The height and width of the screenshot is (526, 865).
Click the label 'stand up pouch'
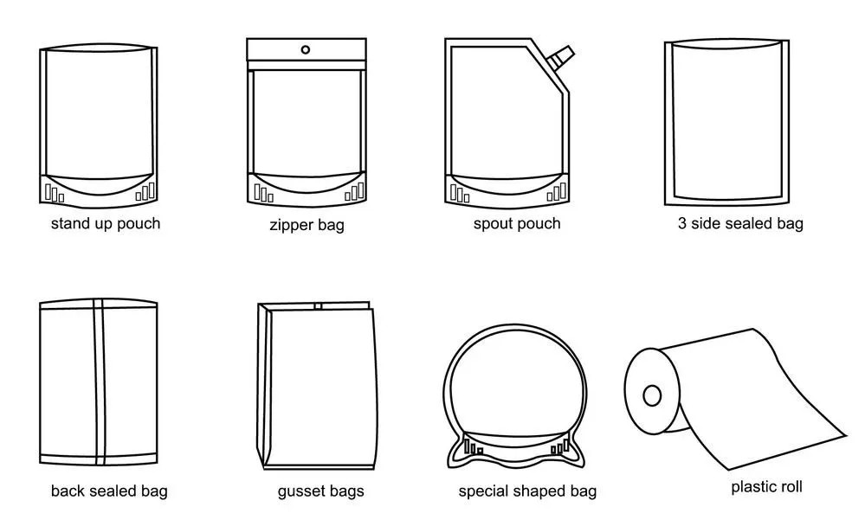[106, 224]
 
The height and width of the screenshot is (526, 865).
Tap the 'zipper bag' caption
[307, 226]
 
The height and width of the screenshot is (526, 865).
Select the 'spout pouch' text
[517, 224]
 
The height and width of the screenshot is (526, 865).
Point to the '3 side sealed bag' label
[740, 224]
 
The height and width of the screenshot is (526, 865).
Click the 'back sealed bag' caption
[109, 491]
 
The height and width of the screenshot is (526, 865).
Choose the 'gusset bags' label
[320, 491]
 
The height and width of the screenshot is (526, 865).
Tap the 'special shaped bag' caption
[527, 491]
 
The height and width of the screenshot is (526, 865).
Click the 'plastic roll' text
[766, 487]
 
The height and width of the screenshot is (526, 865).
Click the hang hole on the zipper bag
[306, 50]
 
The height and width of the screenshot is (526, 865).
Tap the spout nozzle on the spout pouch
[559, 57]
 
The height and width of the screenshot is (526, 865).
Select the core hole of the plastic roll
[652, 395]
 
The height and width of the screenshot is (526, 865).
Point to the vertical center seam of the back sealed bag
[100, 381]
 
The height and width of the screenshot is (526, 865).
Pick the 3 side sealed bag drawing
[727, 121]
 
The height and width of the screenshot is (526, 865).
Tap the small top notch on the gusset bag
[319, 305]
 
